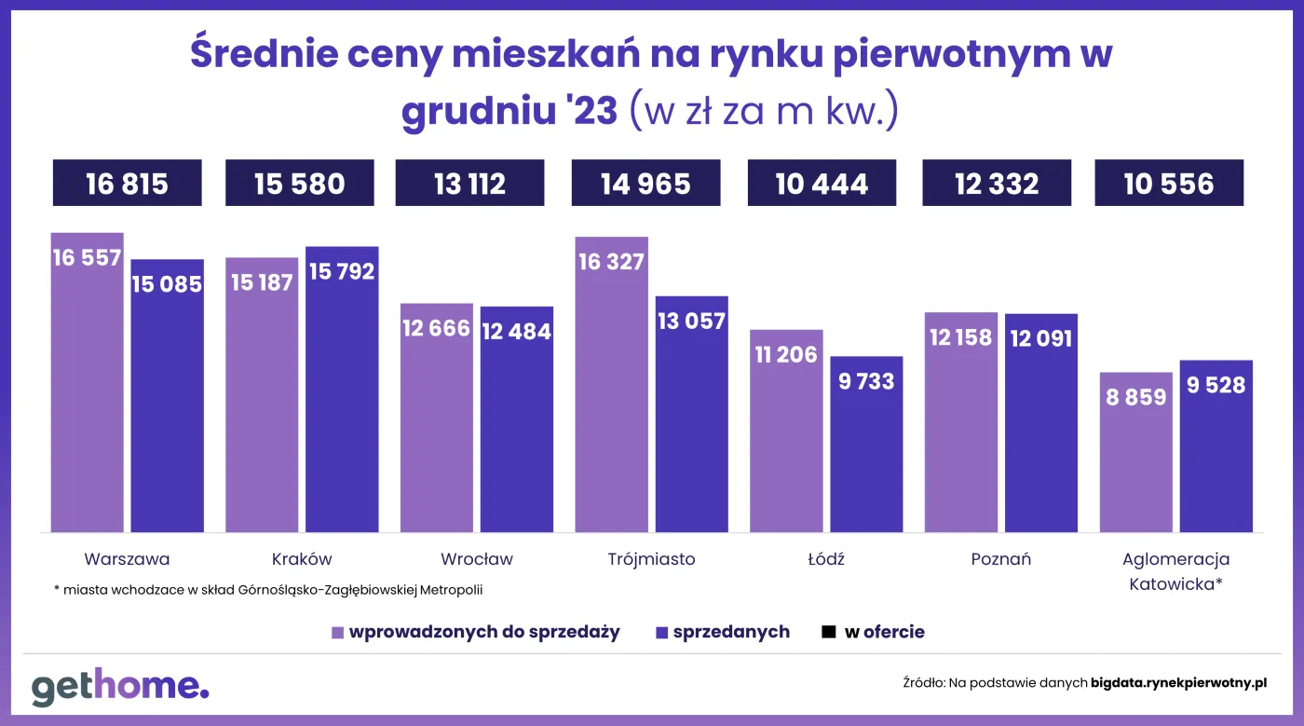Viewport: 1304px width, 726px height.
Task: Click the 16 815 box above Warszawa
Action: [127, 184]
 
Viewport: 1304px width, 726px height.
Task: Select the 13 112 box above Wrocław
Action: [469, 184]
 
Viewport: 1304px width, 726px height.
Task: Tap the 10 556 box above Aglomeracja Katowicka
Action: [1169, 184]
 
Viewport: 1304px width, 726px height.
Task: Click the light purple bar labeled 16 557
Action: [87, 391]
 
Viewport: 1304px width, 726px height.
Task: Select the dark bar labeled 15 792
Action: [342, 401]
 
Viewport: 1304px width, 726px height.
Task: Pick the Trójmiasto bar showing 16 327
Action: [611, 391]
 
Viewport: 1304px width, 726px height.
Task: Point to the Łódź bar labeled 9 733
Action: [866, 447]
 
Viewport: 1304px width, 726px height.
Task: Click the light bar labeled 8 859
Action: [1135, 457]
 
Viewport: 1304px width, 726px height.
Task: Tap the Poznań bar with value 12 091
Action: [1041, 429]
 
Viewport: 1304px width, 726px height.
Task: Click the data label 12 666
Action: [436, 328]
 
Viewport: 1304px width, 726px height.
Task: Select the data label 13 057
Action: [691, 322]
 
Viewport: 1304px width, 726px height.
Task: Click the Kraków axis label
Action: [302, 559]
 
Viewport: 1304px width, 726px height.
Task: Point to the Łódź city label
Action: [825, 559]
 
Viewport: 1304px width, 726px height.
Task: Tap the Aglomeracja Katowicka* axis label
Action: [1175, 571]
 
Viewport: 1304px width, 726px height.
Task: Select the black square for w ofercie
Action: [828, 632]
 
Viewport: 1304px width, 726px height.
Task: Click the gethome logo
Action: [120, 687]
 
